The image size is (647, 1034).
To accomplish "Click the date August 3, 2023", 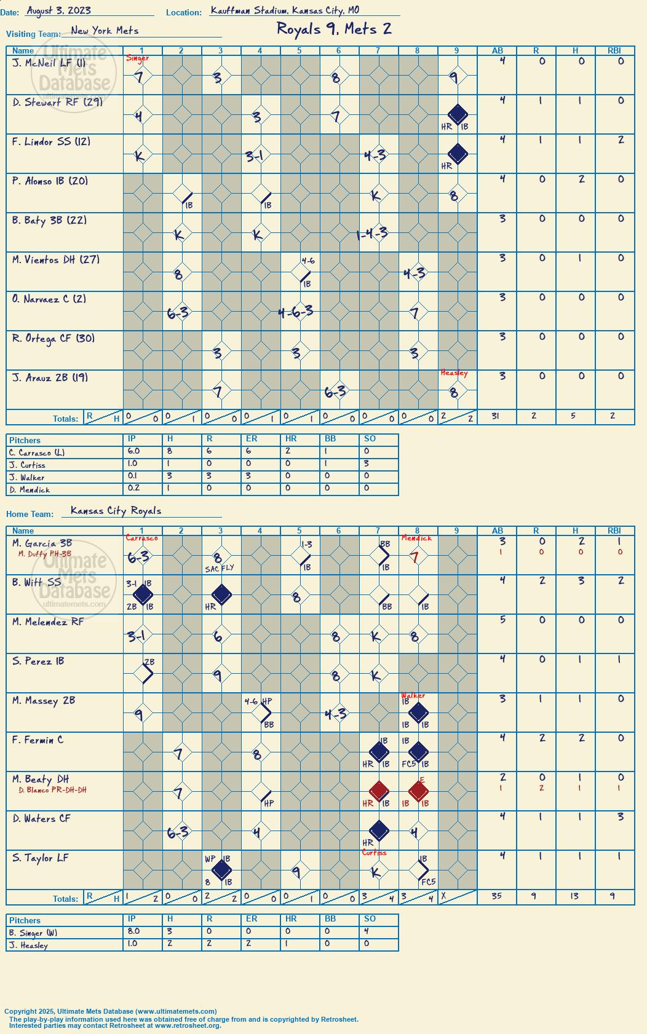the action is click(58, 10).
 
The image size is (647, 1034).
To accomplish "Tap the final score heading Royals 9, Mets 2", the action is click(334, 29).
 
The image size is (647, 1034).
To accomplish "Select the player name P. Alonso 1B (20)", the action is click(50, 181).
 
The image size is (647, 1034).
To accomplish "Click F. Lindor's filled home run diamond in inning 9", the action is click(457, 154).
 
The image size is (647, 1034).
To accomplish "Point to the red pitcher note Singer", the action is click(138, 58).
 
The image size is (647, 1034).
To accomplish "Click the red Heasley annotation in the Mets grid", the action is click(454, 373).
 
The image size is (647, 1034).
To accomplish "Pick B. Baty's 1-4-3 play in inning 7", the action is click(371, 234).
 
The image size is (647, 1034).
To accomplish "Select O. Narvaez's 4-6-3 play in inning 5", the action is click(296, 312).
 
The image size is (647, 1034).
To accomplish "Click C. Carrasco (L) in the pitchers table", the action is click(36, 453).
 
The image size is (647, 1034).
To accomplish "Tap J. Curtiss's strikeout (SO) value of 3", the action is click(367, 464).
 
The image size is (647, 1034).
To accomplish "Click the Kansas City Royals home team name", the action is click(116, 510).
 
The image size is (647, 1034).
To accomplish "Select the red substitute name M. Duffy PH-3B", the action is click(45, 554).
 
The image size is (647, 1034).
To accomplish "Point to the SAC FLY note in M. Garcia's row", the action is click(220, 569).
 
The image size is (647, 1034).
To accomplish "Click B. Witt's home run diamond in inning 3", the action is click(221, 594).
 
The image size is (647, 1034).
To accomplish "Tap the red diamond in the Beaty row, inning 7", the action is click(379, 791).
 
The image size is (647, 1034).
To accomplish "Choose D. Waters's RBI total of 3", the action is click(621, 817).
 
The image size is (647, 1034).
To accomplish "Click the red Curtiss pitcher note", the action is click(374, 853).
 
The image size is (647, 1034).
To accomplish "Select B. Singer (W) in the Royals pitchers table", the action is click(33, 933).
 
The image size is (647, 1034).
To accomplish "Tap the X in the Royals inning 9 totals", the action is click(444, 895).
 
